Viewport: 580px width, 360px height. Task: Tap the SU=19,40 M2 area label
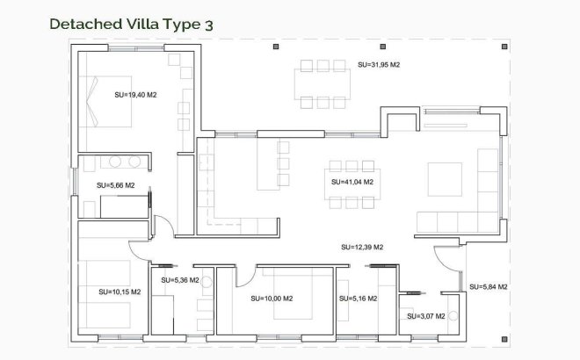tap(135, 94)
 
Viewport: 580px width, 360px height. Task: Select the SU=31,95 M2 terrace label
tap(379, 65)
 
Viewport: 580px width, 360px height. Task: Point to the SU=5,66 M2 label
tap(115, 185)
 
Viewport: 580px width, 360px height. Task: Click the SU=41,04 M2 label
tap(352, 182)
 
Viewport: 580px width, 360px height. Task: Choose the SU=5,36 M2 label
tap(180, 280)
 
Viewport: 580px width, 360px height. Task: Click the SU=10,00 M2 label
tap(272, 299)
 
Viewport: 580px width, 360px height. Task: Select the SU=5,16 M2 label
tap(358, 299)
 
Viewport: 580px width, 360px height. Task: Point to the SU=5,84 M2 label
tap(489, 286)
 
